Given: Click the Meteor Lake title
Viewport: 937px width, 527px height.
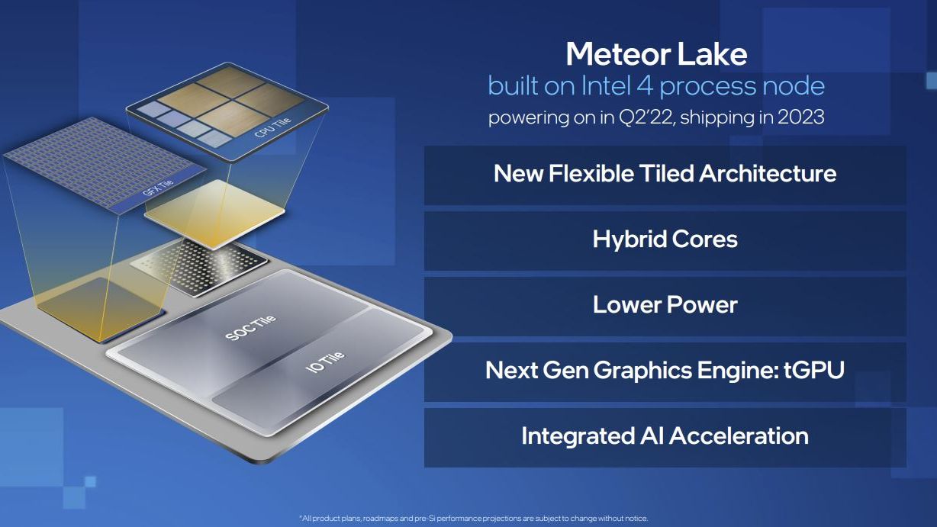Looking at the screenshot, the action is (x=656, y=54).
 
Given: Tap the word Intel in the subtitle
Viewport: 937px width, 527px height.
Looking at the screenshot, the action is (x=606, y=85).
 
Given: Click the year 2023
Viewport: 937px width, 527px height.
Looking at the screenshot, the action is (x=801, y=117).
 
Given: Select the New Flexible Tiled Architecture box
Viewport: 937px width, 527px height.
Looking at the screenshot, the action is (x=665, y=175).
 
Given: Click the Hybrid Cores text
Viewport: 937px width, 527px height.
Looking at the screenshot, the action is (x=665, y=239).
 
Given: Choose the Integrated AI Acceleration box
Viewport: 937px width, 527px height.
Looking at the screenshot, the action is (x=665, y=438).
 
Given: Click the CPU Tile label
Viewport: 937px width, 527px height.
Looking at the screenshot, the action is (x=272, y=128).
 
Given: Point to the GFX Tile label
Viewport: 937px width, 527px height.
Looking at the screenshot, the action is (x=158, y=188).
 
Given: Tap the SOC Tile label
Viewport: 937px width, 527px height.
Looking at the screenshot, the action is (x=250, y=328).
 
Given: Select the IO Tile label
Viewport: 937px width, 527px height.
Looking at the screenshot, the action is (x=326, y=362).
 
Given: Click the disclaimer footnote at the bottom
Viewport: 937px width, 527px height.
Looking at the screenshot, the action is (x=474, y=518).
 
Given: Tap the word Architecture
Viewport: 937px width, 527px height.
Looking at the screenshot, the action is (x=768, y=173).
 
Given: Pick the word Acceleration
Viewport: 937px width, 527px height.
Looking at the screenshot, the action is (x=739, y=435).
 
